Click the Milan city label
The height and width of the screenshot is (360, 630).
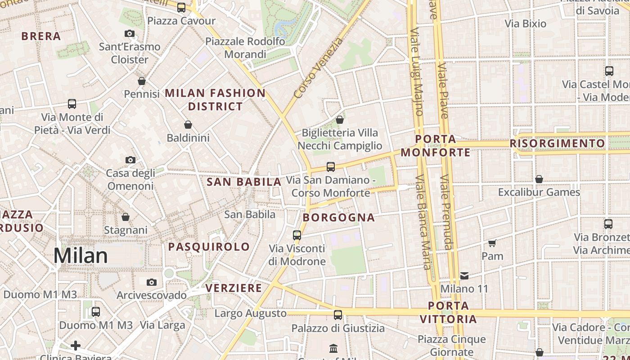tap(81, 256)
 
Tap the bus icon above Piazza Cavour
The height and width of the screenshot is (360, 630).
tap(181, 7)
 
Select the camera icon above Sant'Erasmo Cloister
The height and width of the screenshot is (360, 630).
tap(130, 33)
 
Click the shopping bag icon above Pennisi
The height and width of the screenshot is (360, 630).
tap(142, 81)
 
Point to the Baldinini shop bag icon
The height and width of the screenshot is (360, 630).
tap(188, 124)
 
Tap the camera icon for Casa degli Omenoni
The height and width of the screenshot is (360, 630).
tap(130, 160)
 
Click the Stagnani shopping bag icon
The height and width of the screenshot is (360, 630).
tap(126, 217)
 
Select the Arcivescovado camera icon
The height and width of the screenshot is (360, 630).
tap(152, 282)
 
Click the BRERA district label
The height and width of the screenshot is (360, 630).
tap(41, 36)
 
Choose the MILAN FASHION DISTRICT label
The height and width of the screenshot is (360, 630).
tap(215, 99)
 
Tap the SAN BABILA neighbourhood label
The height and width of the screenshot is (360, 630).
tap(244, 182)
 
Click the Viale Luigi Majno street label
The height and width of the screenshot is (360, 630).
tap(417, 72)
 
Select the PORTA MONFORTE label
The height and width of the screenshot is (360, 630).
tap(436, 146)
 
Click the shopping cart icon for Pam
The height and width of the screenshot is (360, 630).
tap(492, 243)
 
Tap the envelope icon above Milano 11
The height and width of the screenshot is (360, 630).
tap(464, 275)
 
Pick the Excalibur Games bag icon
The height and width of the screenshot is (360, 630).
tap(539, 179)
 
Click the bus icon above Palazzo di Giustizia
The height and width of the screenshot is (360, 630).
tap(338, 315)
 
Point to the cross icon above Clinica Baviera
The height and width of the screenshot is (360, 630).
tap(76, 346)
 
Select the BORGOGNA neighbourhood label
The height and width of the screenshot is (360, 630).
tap(339, 218)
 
